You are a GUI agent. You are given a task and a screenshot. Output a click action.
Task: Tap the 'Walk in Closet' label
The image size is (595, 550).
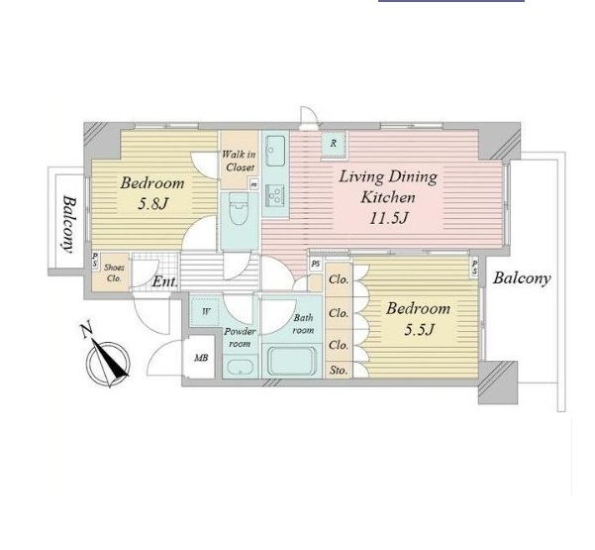point(239,161)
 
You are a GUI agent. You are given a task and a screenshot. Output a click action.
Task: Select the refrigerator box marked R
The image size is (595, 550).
point(334,144)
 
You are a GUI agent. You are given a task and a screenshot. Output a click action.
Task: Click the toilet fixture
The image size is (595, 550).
point(239,208)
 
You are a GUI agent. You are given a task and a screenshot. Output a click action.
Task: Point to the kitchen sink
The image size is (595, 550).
point(275,151)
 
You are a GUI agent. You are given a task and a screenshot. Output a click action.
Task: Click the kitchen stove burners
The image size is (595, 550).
point(275,195)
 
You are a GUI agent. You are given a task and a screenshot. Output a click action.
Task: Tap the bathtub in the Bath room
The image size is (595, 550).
point(291,361)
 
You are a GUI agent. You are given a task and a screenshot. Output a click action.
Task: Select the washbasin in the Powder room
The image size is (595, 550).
point(241,367)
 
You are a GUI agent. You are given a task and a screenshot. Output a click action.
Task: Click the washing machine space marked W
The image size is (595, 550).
point(206,312)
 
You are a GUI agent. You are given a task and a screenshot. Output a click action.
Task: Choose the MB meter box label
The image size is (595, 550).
point(201,358)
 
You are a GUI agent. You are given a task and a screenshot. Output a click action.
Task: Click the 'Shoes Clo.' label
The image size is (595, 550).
point(114,273)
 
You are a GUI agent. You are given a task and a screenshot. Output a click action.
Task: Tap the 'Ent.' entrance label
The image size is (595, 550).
point(164,281)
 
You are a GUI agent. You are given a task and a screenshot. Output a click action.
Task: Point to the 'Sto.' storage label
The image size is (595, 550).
point(339,370)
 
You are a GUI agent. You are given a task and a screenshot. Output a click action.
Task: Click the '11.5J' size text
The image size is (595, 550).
point(388,218)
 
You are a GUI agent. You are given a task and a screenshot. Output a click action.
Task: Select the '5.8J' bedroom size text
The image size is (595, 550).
point(152,204)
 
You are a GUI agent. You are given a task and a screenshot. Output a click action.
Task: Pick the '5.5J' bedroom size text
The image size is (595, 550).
point(419,330)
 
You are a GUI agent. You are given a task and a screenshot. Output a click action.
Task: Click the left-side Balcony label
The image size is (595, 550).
point(68,224)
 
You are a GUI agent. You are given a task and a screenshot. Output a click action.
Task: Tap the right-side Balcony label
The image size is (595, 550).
point(522,278)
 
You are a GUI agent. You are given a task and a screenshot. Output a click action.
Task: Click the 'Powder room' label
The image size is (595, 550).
point(240,338)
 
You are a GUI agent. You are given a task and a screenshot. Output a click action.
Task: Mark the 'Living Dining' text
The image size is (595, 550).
point(388,177)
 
